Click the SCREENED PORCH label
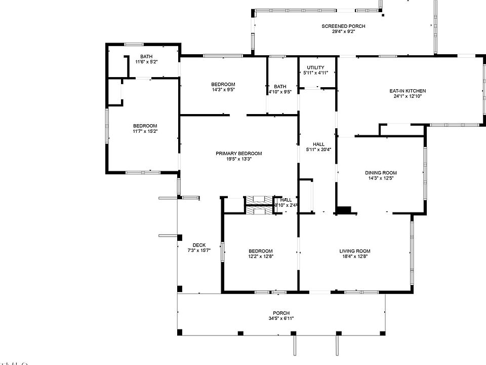click(343, 26)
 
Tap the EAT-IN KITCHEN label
click(408, 91)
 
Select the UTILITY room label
click(315, 67)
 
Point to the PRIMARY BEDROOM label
click(239, 154)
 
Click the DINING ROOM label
click(381, 173)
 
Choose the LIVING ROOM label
click(354, 251)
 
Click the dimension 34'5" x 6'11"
click(281, 318)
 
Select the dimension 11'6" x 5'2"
click(146, 62)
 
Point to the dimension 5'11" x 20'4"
click(318, 150)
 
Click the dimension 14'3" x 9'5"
click(223, 89)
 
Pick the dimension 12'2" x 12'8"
click(260, 257)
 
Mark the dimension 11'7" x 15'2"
click(145, 131)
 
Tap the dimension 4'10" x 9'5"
click(280, 92)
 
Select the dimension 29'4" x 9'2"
click(343, 31)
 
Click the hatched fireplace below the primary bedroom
click(259, 205)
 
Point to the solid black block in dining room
click(345, 210)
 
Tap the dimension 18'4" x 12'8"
click(354, 257)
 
